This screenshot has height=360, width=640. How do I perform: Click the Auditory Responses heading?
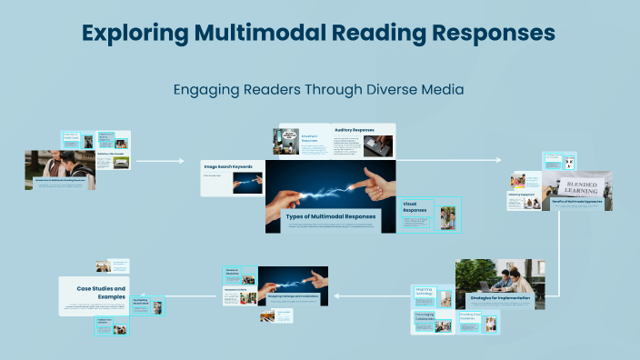click(x=355, y=129)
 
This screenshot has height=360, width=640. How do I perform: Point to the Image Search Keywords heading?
click(x=227, y=166)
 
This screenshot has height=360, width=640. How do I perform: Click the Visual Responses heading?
click(x=415, y=207)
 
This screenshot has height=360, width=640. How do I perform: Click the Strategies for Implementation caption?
click(x=499, y=297)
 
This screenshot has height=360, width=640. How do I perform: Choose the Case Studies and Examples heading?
click(x=95, y=292)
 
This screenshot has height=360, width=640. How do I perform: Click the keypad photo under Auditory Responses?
click(x=378, y=145)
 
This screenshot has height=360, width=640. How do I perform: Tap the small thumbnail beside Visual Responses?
click(x=446, y=218)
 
